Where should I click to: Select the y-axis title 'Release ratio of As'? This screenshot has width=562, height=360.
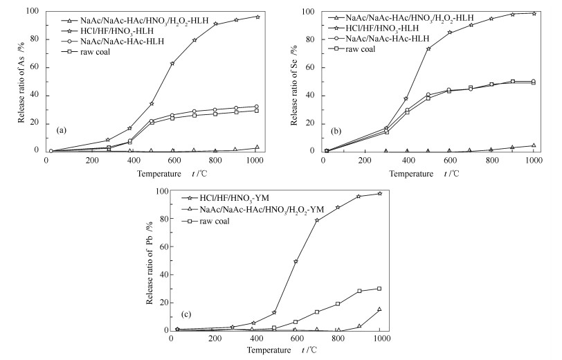[x=21, y=80]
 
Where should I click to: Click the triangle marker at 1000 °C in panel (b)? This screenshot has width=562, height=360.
[x=534, y=145]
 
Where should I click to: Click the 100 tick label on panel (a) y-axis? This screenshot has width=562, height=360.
[x=30, y=12]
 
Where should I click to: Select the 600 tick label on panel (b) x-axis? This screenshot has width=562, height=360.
[x=451, y=161]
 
